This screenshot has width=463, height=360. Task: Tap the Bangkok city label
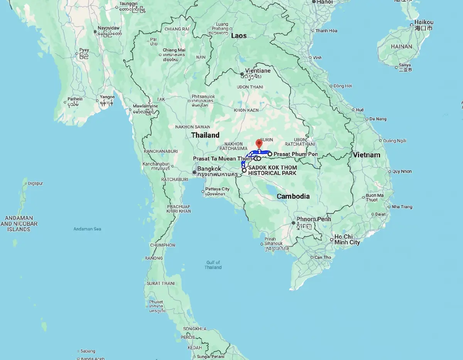[x=209, y=169]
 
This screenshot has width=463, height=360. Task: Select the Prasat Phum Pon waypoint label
[x=296, y=154]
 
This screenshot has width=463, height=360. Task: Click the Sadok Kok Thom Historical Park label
[x=272, y=170]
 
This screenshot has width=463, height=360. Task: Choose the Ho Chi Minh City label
[x=347, y=239]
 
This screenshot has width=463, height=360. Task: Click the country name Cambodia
[x=293, y=196]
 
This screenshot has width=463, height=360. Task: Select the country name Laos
[x=238, y=36]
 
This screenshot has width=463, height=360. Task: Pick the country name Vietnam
[x=366, y=155]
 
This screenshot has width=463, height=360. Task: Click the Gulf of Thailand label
[x=213, y=265]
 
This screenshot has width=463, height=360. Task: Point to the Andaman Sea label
[x=87, y=229]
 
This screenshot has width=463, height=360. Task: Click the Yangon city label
[x=107, y=97]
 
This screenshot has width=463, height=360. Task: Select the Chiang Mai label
[x=174, y=50]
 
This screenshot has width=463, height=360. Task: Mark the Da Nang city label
[x=378, y=119]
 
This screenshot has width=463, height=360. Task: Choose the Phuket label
[x=156, y=302]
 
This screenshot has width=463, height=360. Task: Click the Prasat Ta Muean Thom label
[x=223, y=158]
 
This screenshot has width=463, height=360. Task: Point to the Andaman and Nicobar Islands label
[x=19, y=224]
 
